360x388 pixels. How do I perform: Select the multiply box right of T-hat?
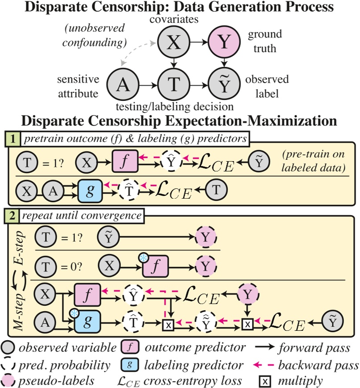pos(168,323)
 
